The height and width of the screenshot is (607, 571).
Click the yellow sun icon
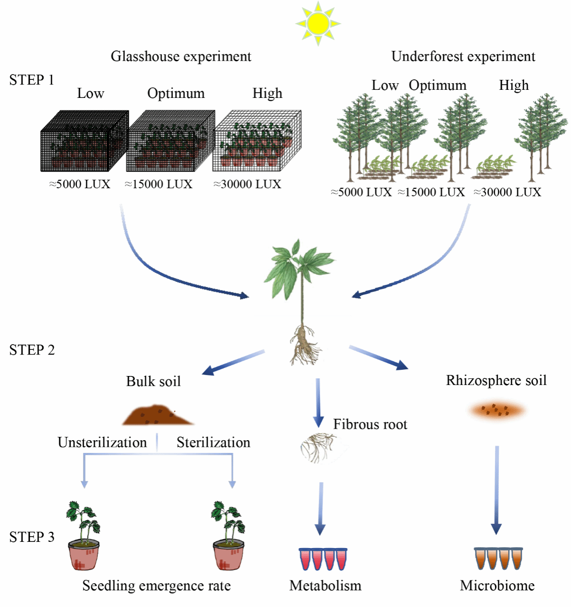pos(318,23)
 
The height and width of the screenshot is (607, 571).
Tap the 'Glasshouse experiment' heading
pos(181,56)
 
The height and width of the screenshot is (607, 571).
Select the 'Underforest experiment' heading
pos(463,56)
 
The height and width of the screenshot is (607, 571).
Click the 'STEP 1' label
pos(32,80)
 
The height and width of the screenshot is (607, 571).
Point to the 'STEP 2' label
pos(32,350)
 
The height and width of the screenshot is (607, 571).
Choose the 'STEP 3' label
pos(32,537)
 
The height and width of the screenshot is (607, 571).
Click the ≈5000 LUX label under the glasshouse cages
pos(80,184)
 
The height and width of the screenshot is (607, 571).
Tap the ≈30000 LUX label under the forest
pos(507,192)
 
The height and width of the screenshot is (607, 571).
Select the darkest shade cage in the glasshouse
pos(85,141)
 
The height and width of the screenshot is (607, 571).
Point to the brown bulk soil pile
pos(158,415)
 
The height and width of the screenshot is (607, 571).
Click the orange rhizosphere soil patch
pos(497,410)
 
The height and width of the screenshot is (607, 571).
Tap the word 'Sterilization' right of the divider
pos(213,442)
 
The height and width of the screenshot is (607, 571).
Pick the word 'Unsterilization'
pos(102,442)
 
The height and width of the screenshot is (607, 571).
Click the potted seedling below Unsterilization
pos(84,536)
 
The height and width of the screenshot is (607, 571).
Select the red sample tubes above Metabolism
pos(323,559)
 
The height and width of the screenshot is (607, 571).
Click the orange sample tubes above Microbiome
pos(498,559)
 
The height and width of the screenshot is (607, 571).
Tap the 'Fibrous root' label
pos(370,424)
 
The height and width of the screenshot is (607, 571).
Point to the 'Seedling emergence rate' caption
pos(156,586)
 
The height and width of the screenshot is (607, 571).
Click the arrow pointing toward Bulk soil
pos(233,362)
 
